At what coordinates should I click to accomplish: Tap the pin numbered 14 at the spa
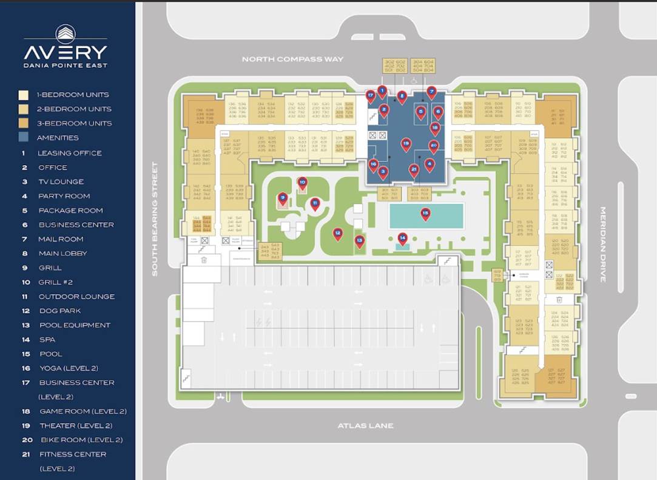(x=402, y=238)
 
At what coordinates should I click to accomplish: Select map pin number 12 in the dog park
(x=338, y=233)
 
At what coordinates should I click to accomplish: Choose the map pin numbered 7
(x=431, y=93)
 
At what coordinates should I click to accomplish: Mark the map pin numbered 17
(x=370, y=96)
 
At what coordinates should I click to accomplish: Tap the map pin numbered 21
(x=414, y=170)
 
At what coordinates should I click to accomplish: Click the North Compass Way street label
(x=292, y=59)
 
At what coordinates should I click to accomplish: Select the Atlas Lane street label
(x=365, y=426)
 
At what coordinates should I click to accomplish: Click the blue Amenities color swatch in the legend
(x=24, y=138)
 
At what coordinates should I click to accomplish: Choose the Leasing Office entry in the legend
(x=70, y=153)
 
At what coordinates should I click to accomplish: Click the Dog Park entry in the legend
(x=59, y=311)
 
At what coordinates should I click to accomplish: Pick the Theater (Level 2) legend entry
(x=75, y=426)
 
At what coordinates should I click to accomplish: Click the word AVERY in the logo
(x=66, y=52)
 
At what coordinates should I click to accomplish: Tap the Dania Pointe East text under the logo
(x=66, y=66)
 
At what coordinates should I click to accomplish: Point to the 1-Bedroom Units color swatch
(x=24, y=95)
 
